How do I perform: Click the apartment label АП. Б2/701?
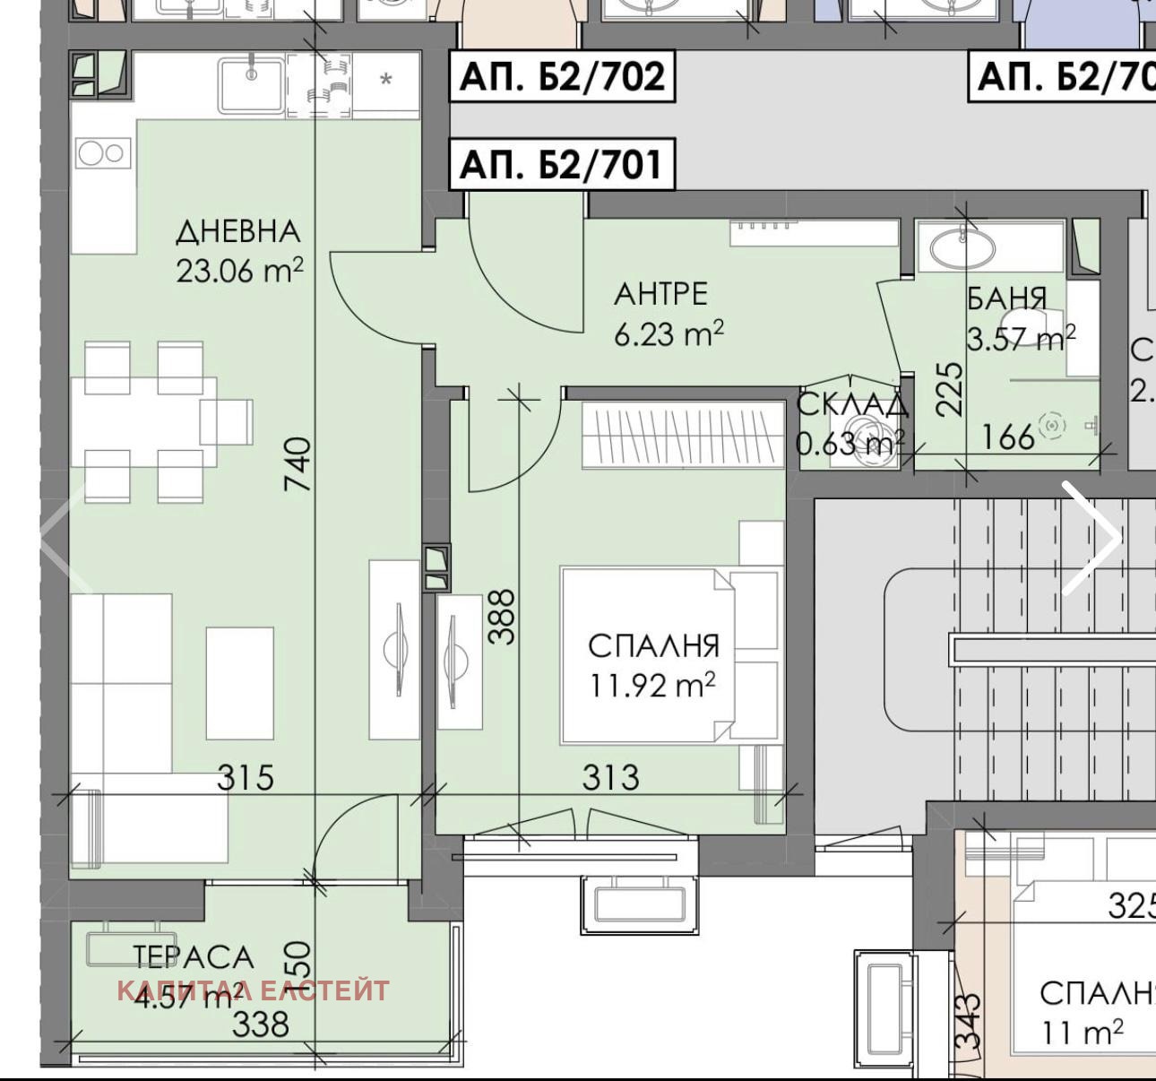tap(562, 164)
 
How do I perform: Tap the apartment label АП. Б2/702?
tap(562, 77)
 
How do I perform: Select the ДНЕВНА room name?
tap(237, 232)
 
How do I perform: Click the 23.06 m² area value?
tap(239, 270)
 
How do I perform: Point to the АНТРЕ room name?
tap(660, 294)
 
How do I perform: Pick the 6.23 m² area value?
tap(669, 333)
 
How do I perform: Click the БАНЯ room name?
tap(1006, 298)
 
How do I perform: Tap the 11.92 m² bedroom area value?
tap(652, 686)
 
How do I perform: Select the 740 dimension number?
tap(298, 463)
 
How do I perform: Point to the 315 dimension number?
tap(246, 777)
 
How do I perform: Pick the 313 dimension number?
tap(611, 777)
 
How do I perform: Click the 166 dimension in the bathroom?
tap(1008, 437)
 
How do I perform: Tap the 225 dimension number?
tap(950, 388)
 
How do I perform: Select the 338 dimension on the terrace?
tap(261, 1023)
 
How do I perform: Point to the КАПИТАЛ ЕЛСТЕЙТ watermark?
tap(254, 990)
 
